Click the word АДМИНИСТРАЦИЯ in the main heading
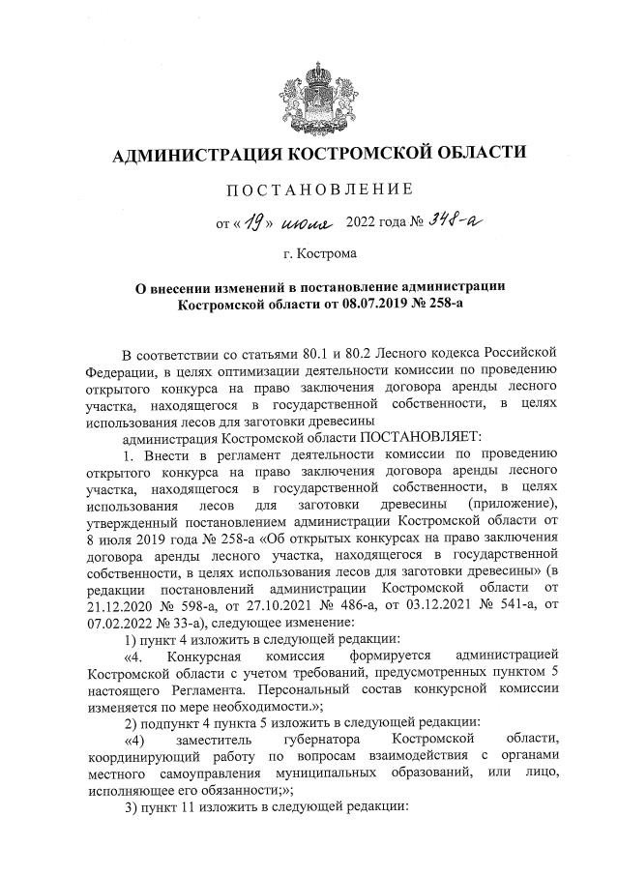pyautogui.click(x=192, y=154)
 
